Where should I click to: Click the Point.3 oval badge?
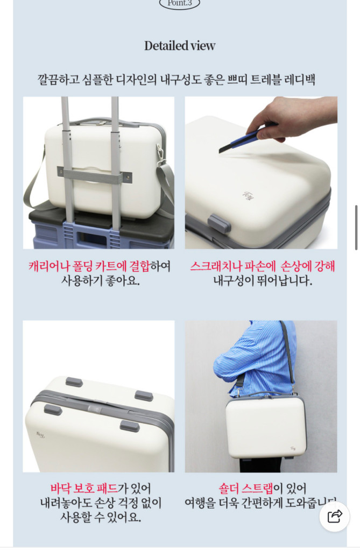(180, 3)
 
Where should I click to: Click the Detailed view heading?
(180, 46)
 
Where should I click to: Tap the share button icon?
(335, 517)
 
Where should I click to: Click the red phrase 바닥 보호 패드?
(84, 489)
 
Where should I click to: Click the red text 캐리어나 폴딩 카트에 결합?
(89, 266)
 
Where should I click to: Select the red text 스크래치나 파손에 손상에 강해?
(262, 266)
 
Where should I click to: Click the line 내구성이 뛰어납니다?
(262, 281)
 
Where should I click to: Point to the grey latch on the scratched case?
(218, 223)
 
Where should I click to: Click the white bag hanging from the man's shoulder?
(266, 426)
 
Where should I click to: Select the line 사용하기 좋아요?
(100, 281)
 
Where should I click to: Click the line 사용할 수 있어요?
(100, 518)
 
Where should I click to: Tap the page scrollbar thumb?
(356, 227)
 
